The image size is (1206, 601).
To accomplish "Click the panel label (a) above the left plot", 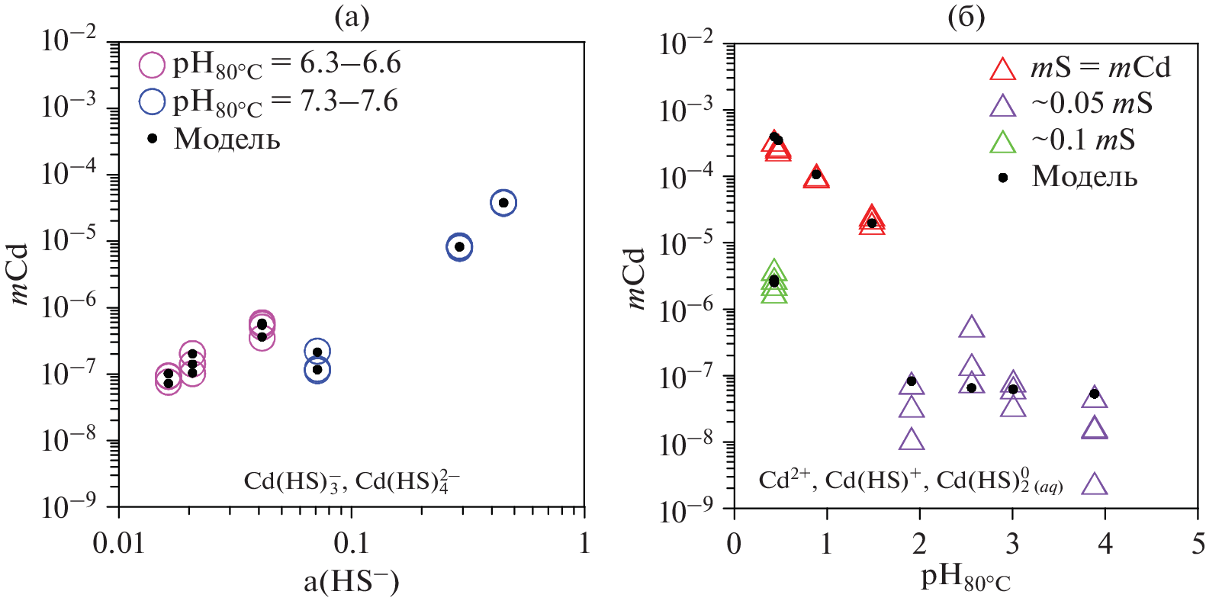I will click(352, 17).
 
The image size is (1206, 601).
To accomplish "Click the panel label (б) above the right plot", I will click(966, 17).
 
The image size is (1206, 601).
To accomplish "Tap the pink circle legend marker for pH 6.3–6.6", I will click(152, 65).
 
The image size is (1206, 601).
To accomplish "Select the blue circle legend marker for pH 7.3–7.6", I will click(152, 101).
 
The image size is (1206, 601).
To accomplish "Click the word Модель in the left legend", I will click(227, 139).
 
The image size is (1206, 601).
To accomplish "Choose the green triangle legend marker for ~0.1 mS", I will click(1002, 142).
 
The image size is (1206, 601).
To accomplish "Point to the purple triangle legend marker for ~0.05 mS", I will click(1002, 105).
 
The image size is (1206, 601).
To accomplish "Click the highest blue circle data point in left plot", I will click(503, 203).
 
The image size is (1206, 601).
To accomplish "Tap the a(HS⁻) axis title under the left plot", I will click(352, 582).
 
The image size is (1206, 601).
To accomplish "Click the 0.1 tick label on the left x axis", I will click(352, 543).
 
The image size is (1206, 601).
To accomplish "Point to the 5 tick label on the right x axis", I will click(1198, 544).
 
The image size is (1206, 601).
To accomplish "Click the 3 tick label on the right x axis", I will click(1012, 544).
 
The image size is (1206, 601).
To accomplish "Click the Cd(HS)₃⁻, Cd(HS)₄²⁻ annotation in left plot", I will click(352, 481).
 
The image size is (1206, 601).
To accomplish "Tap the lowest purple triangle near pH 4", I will click(1095, 484).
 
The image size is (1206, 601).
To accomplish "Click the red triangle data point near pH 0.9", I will click(816, 177).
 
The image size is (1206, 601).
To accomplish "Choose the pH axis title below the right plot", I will click(966, 579).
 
